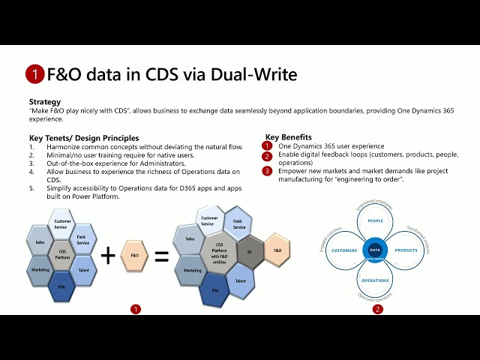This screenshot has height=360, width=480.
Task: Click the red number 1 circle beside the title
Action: click(34, 73)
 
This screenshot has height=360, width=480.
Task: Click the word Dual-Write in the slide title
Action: click(259, 74)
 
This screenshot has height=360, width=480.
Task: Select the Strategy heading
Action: click(45, 101)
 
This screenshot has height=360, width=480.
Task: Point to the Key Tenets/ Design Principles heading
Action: click(83, 138)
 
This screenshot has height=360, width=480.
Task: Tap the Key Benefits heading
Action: click(289, 137)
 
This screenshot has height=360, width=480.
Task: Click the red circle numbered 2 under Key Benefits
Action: click(267, 156)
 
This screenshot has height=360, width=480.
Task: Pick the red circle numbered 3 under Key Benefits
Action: click(267, 171)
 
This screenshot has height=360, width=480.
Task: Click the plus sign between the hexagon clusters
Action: click(108, 256)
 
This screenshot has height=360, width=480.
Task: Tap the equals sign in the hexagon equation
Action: click(161, 256)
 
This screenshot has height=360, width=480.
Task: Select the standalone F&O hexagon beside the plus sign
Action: click(135, 255)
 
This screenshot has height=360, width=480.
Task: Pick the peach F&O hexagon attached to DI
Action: click(277, 250)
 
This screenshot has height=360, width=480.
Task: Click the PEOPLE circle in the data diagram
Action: click(375, 221)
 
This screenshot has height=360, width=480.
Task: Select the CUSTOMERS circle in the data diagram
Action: click(344, 250)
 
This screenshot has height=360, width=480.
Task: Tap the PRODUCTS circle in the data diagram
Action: click(406, 250)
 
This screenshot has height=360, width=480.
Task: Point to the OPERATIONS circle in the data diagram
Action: click(375, 280)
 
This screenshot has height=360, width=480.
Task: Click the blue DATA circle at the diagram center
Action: click(375, 250)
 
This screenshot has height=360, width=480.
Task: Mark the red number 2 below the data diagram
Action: click(377, 308)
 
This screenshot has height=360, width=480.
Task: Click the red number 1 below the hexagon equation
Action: click(135, 308)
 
